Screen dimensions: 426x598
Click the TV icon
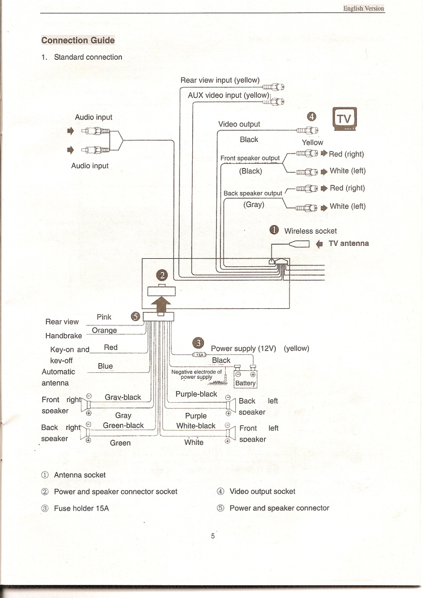click(x=345, y=118)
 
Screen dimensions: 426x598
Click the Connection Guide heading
click(x=78, y=40)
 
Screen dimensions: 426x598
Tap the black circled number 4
click(x=312, y=116)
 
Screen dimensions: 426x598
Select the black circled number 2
click(x=162, y=275)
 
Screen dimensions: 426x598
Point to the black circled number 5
click(x=135, y=316)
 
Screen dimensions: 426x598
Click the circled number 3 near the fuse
click(x=198, y=343)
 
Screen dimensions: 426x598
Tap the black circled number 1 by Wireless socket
click(x=274, y=229)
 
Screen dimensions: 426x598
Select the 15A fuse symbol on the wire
click(x=200, y=355)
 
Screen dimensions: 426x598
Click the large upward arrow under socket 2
click(x=161, y=306)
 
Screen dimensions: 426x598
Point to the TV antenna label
click(x=349, y=243)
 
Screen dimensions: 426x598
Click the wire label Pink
click(x=104, y=317)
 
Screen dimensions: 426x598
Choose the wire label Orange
click(x=104, y=330)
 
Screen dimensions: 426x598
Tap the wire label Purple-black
click(x=196, y=394)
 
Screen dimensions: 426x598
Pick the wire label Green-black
click(x=124, y=425)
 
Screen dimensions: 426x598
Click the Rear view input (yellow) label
click(x=220, y=80)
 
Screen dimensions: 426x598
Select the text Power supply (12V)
click(x=243, y=348)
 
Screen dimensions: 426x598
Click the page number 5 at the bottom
click(x=213, y=536)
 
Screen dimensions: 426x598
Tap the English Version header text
click(x=364, y=8)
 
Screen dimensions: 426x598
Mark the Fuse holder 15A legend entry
click(x=75, y=508)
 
